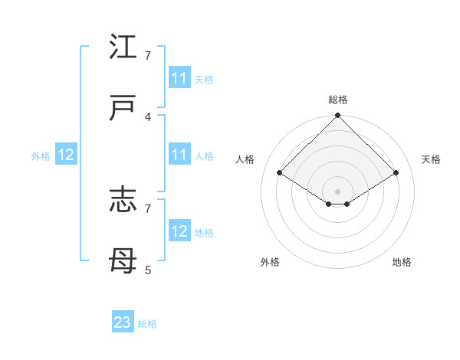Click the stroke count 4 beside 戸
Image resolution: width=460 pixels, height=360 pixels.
(x=148, y=116)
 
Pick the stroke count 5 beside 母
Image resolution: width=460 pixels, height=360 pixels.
(x=148, y=270)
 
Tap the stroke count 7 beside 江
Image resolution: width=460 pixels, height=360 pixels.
(x=148, y=55)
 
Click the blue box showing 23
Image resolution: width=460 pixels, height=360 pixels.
(x=123, y=322)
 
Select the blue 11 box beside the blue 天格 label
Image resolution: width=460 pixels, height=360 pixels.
(x=179, y=78)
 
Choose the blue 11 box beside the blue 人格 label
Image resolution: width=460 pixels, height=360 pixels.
(x=179, y=155)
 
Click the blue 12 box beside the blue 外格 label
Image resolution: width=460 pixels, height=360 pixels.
(x=66, y=155)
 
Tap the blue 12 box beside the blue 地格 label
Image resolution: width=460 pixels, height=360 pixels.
(x=179, y=231)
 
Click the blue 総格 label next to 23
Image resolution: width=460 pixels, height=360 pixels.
(x=147, y=324)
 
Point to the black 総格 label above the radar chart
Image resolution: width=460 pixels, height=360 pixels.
(x=338, y=100)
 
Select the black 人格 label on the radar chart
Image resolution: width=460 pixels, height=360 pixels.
(x=245, y=159)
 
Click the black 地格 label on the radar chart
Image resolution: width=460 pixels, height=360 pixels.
(x=402, y=262)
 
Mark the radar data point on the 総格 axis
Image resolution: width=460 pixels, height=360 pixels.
(x=338, y=116)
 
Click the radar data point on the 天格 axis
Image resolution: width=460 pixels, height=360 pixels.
(x=396, y=172)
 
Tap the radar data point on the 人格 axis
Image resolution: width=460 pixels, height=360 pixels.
(x=280, y=172)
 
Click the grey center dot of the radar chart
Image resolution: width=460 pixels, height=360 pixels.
(x=338, y=191)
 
